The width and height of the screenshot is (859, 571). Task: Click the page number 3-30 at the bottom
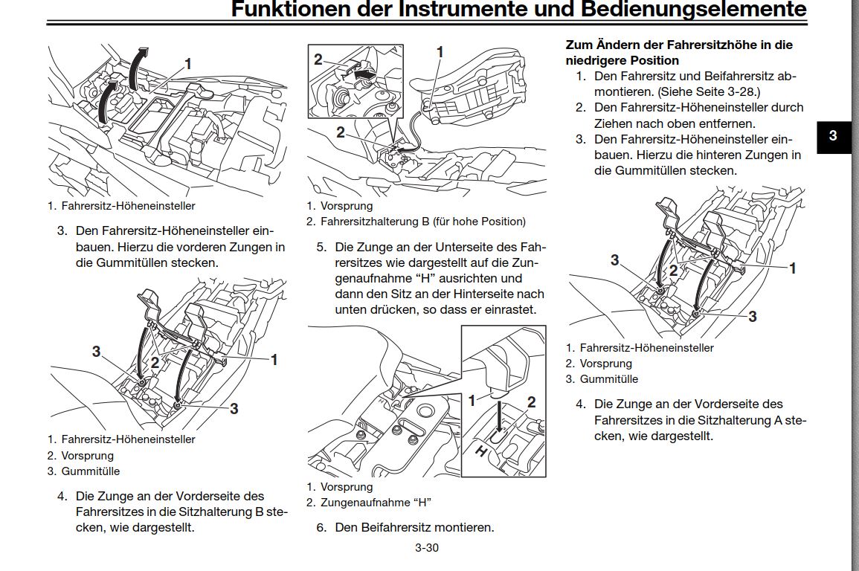click(427, 549)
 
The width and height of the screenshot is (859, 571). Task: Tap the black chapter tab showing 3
click(833, 136)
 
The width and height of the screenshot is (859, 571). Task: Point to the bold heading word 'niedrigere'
click(598, 60)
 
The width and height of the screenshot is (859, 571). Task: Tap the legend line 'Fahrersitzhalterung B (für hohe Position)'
click(422, 222)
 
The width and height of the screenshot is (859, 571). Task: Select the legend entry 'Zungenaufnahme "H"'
click(376, 503)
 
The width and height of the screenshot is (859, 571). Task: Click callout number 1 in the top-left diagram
click(188, 65)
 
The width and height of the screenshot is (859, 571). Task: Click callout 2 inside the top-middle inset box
click(318, 59)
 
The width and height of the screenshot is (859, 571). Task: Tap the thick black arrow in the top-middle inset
click(363, 74)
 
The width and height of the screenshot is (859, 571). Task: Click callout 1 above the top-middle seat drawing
click(440, 52)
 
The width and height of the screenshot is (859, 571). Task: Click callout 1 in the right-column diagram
click(793, 268)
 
